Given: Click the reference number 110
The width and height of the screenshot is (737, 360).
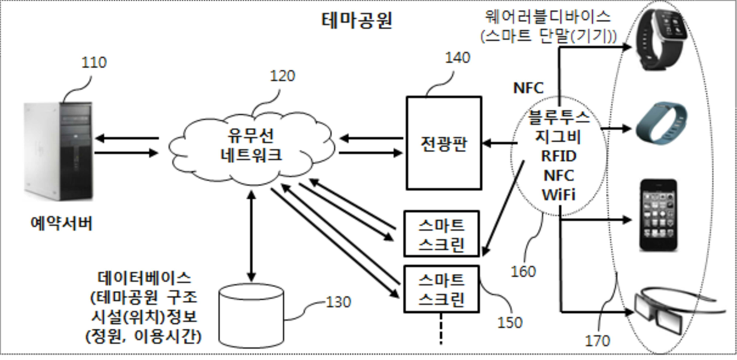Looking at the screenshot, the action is click(x=94, y=62).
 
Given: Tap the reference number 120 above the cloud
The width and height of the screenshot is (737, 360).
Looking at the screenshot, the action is click(x=282, y=76).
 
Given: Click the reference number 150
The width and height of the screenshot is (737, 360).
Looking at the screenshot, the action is click(x=510, y=323).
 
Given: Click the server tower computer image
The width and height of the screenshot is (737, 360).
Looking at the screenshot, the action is click(x=59, y=151).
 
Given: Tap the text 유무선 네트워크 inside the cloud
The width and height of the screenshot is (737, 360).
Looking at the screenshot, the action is click(x=251, y=145).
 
